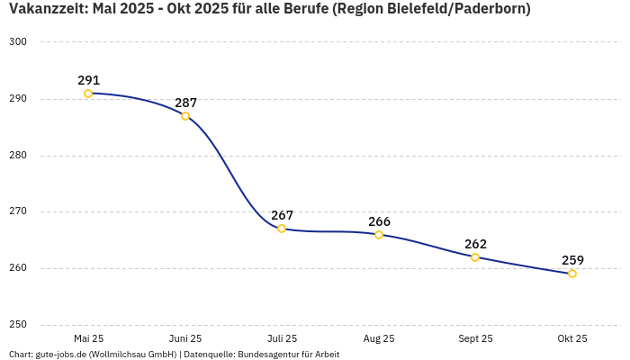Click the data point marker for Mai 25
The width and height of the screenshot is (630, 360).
[x=88, y=94]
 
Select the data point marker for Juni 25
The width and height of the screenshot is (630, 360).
[x=185, y=116]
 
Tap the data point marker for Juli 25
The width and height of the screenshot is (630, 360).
[x=282, y=229]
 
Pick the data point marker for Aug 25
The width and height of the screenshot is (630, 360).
[x=379, y=235]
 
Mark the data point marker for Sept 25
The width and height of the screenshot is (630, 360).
[x=475, y=257]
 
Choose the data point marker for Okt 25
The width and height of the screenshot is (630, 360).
[x=572, y=274]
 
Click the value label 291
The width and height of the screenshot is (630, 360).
[x=88, y=80]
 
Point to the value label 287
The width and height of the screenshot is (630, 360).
[x=185, y=103]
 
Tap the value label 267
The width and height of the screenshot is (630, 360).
[x=282, y=215]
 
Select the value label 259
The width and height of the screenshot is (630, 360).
[x=572, y=260]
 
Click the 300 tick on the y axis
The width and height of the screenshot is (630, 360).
[x=18, y=42]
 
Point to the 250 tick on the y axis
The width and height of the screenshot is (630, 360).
[x=18, y=325]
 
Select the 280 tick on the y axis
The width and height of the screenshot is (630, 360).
[x=18, y=156]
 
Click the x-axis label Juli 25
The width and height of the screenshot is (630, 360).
[x=282, y=338]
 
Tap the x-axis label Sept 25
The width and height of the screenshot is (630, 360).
[x=475, y=338]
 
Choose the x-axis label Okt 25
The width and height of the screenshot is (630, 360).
[x=572, y=338]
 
